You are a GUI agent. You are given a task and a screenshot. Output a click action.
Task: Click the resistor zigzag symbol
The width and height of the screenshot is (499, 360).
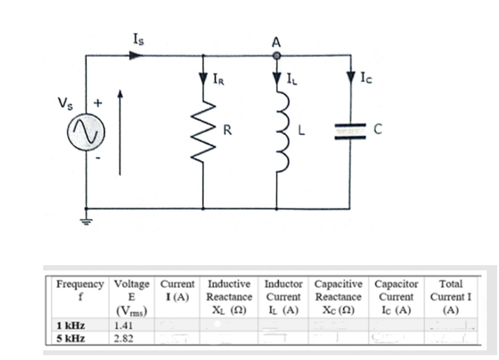pyautogui.click(x=203, y=133)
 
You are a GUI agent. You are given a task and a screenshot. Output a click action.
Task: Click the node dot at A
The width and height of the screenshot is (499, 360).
pyautogui.click(x=277, y=56)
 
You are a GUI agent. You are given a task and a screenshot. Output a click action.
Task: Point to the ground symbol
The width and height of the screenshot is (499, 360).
pyautogui.click(x=86, y=221)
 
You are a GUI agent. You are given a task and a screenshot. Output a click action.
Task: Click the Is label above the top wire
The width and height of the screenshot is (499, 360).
pyautogui.click(x=139, y=40)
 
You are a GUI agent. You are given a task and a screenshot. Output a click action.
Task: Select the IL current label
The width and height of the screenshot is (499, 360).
pyautogui.click(x=293, y=78)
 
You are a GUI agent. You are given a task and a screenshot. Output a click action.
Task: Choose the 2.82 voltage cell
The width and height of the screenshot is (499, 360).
pyautogui.click(x=123, y=337)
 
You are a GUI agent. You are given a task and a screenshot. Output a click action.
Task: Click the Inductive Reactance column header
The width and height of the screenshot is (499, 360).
pyautogui.click(x=229, y=296)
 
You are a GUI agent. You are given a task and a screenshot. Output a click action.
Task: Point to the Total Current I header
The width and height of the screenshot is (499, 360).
pyautogui.click(x=450, y=296)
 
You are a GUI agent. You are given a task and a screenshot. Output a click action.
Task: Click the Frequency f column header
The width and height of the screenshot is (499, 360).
pyautogui.click(x=80, y=290)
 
